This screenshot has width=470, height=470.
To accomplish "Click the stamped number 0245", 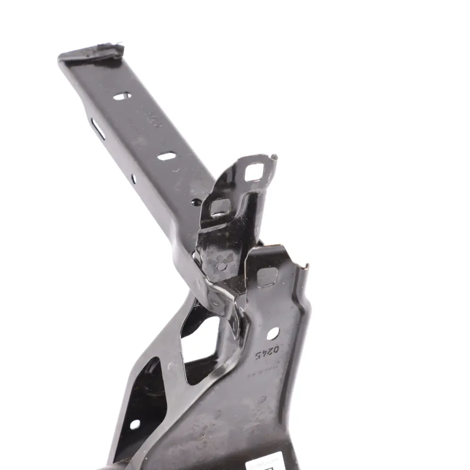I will pos(266,353).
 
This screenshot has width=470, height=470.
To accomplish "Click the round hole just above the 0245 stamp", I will pos(272,333).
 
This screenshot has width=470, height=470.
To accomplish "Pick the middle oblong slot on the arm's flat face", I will pos(166,156).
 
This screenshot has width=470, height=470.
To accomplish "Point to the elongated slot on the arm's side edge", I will pos(98,129).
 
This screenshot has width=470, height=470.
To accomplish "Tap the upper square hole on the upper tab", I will pos(254,172).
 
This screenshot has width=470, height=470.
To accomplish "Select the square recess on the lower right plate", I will pos(267,277).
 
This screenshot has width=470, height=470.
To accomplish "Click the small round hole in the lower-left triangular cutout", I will pos(135,424).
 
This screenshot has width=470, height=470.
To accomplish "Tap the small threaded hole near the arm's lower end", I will pos(196,202).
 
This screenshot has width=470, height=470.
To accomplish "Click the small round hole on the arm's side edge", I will pos(133,178).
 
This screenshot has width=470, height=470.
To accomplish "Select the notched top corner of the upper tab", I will pos(272,158).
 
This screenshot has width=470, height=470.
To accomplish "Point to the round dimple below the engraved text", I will pos(261,399).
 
